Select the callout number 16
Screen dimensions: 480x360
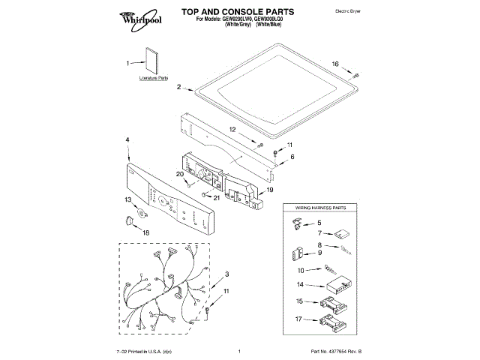(x=336, y=64)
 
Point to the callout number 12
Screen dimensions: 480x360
(x=233, y=130)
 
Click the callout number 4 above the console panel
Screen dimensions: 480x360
(x=127, y=140)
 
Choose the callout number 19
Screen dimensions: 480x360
(x=270, y=190)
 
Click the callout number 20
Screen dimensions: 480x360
(x=180, y=175)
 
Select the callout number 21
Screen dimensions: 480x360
(x=217, y=197)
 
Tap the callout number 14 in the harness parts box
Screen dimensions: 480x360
(x=299, y=284)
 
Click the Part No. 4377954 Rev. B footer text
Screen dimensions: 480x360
(x=334, y=352)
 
